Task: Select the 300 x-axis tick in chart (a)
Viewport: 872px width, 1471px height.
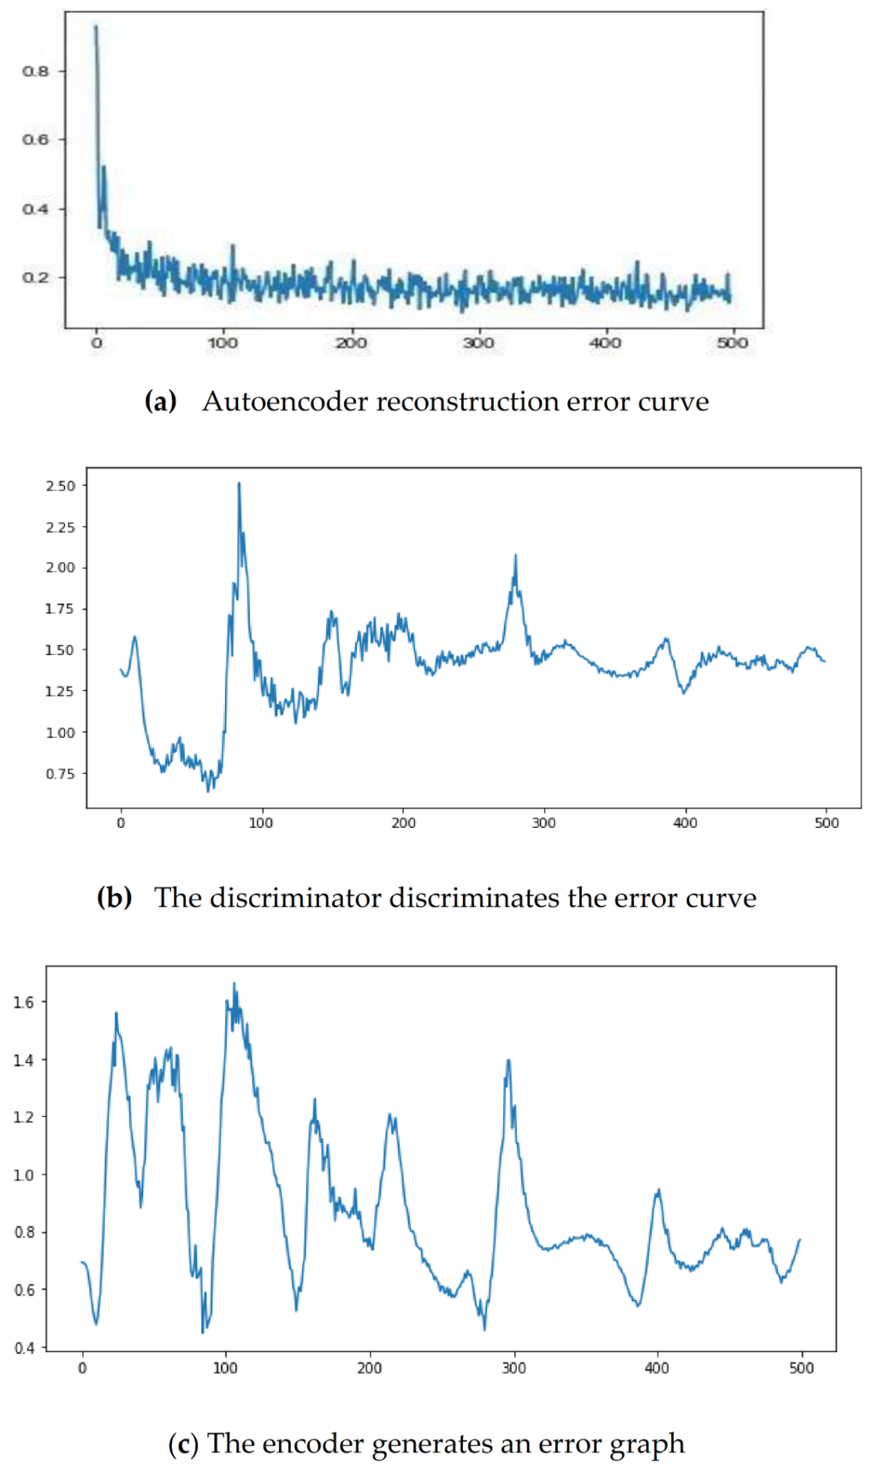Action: pyautogui.click(x=478, y=343)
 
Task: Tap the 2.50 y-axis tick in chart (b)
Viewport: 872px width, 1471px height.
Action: pyautogui.click(x=61, y=486)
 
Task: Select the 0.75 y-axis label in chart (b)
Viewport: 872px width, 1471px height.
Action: pyautogui.click(x=61, y=774)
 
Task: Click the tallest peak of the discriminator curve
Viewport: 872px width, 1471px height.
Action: pyautogui.click(x=239, y=484)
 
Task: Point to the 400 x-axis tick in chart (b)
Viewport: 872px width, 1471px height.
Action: pyautogui.click(x=685, y=823)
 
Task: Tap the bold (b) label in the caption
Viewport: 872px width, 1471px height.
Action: pyautogui.click(x=114, y=898)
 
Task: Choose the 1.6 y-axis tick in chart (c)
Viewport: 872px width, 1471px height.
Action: pyautogui.click(x=24, y=1002)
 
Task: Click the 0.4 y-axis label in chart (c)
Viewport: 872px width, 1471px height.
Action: pyautogui.click(x=24, y=1348)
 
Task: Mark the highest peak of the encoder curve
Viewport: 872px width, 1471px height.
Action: pyautogui.click(x=234, y=984)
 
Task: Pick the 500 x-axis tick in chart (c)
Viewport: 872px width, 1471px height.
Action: pyautogui.click(x=801, y=1368)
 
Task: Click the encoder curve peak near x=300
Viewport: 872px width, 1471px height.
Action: pyautogui.click(x=509, y=1061)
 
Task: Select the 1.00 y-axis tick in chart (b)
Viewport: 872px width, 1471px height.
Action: pyautogui.click(x=61, y=732)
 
